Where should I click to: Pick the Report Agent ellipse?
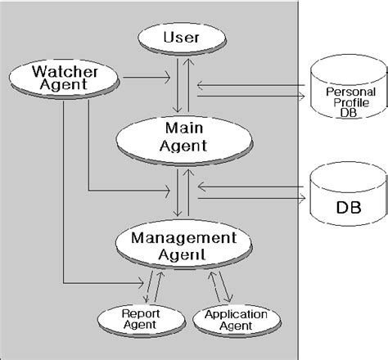coord(134,318)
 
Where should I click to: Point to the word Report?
coord(134,313)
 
